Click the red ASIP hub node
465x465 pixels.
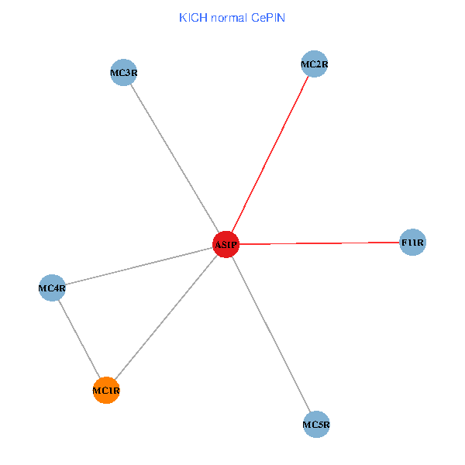coord(226,245)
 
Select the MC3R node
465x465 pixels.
coord(124,74)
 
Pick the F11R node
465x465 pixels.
coord(412,243)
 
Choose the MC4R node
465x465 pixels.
coord(52,289)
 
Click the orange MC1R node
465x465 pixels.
coord(105,391)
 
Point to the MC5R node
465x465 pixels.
coord(316,424)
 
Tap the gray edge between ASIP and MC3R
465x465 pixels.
coord(175,160)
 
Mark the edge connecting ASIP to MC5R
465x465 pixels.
coord(271,335)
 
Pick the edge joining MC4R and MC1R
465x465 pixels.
coord(78,339)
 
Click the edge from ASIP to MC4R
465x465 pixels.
coord(139,267)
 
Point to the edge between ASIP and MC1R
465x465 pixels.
coord(165,318)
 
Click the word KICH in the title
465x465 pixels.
coord(191,17)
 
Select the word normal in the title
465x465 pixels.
coord(228,17)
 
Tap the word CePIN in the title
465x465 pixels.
coord(268,17)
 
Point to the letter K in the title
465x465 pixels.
coord(182,17)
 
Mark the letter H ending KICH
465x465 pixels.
coord(201,17)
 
